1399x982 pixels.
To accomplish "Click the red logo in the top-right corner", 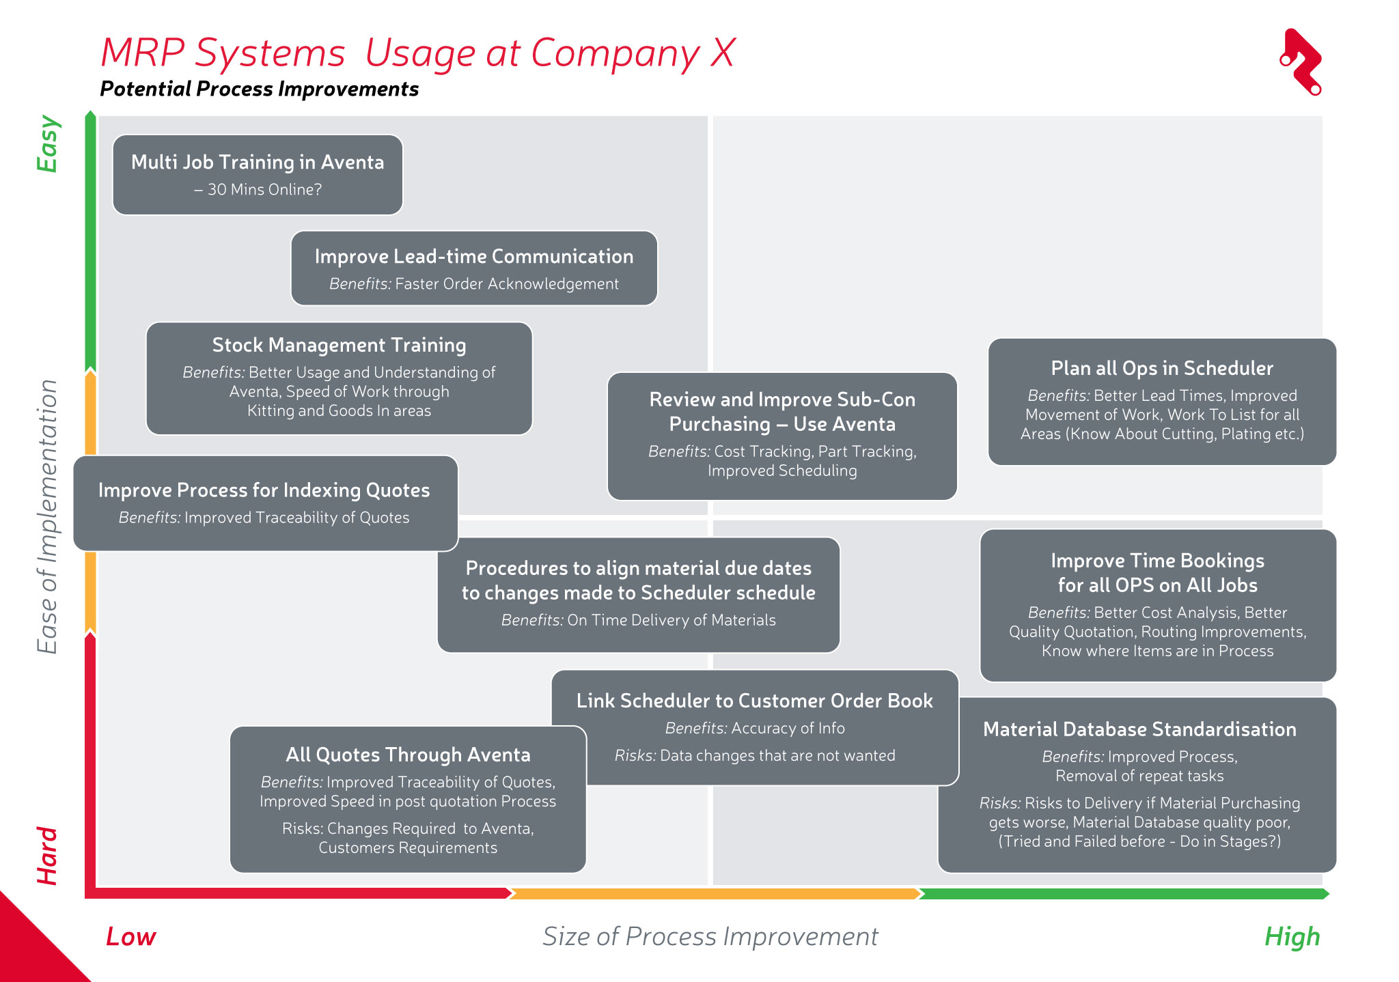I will click(x=1301, y=61).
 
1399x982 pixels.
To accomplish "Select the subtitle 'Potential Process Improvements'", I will click(x=259, y=89).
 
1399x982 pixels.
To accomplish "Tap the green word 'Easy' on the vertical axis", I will click(x=48, y=144).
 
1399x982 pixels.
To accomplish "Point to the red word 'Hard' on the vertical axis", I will click(x=47, y=856).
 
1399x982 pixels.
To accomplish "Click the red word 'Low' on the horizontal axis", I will click(x=130, y=937).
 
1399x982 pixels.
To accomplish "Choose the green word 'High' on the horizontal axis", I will click(x=1292, y=937).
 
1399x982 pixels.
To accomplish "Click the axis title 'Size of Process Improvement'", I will click(x=710, y=937).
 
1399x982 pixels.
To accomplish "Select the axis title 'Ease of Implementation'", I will click(x=47, y=516).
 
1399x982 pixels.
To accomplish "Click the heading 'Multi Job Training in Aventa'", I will click(x=258, y=163).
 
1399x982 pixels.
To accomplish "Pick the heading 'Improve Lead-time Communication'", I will click(x=474, y=257).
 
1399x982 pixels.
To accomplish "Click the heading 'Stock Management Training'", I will click(x=339, y=346).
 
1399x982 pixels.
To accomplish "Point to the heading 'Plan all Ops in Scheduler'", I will click(x=1162, y=369).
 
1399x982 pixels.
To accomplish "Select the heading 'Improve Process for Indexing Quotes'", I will click(x=264, y=490).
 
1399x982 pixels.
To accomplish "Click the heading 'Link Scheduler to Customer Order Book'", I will click(x=754, y=701).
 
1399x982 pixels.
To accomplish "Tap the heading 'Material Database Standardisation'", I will click(x=1139, y=729).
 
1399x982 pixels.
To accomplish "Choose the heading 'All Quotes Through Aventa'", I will click(x=408, y=755).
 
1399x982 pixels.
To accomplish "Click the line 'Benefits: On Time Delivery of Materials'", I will click(x=638, y=620).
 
